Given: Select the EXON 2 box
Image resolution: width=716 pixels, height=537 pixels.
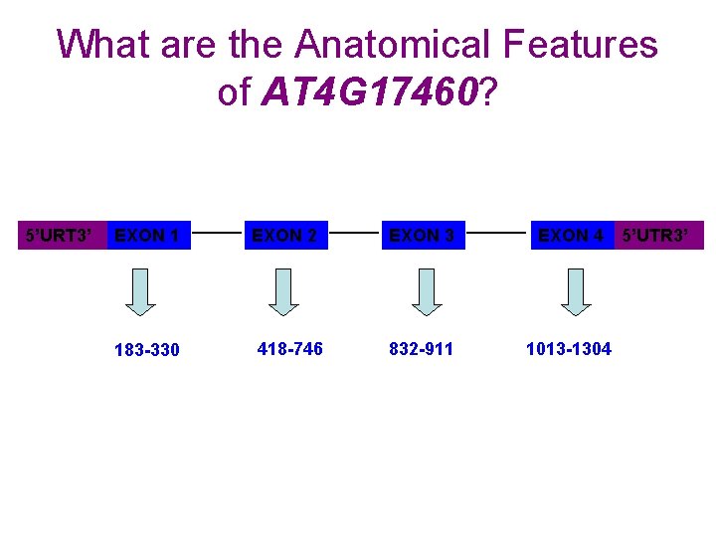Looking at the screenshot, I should (x=285, y=236).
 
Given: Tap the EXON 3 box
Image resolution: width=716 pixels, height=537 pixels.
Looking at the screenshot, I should (x=423, y=236).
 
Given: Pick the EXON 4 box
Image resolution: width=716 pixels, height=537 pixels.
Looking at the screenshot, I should (x=572, y=236).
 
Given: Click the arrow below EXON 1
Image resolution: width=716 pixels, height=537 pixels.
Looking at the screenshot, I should (x=142, y=291).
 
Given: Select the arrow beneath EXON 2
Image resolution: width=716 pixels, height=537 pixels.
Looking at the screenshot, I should (x=284, y=291).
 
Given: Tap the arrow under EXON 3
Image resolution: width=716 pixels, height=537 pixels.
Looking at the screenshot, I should (x=427, y=291).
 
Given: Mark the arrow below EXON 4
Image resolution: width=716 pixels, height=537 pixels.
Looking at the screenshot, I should (x=575, y=291).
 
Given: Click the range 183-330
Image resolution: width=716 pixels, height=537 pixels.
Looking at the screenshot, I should (x=147, y=350).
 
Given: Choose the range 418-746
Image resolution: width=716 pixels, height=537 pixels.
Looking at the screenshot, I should (x=289, y=348).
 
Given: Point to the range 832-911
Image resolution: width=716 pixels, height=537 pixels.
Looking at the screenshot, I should (x=422, y=348).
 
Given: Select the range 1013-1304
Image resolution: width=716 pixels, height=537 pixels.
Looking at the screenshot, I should (x=569, y=348).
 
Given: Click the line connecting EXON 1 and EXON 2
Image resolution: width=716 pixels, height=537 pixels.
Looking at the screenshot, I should (x=218, y=236).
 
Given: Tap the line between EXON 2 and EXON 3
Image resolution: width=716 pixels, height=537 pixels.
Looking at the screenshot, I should (x=354, y=236).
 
